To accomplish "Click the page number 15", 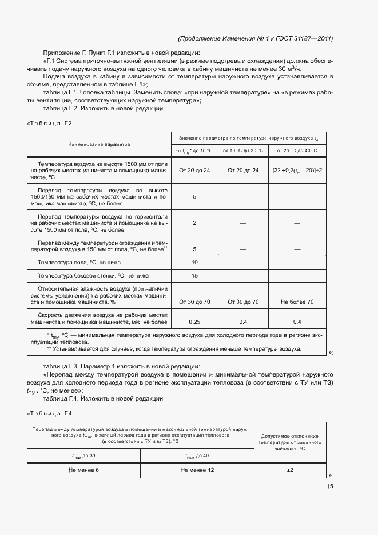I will pos(329,486).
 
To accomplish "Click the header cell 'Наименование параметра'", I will pos(99,144).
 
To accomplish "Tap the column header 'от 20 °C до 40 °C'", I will pos(297,150).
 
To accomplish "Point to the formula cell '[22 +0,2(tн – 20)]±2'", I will pos(297,170).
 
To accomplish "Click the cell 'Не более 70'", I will pos(297,302).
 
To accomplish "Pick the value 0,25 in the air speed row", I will pos(194,322).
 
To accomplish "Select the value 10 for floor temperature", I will pos(194,262).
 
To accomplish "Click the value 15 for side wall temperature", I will pos(194,276).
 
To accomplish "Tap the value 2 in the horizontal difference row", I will pos(194,223).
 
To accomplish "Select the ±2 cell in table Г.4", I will pos(290,470).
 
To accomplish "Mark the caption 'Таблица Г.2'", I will pos(50,123).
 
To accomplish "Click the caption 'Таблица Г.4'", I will pos(50,413).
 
